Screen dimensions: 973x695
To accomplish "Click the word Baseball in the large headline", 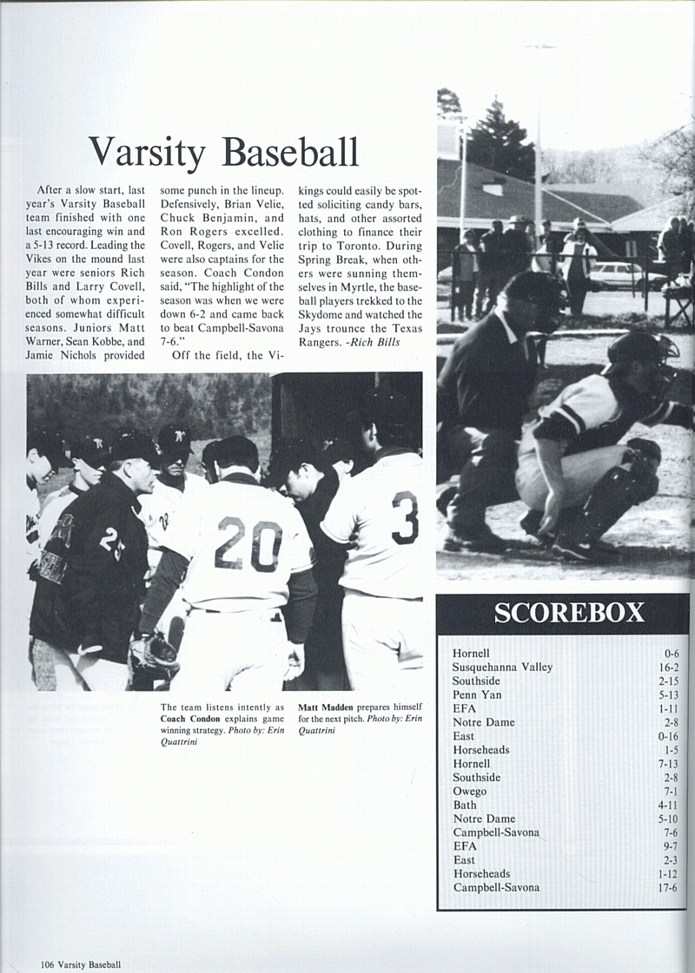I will [290, 153].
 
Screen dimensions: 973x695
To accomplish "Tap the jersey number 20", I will [248, 544].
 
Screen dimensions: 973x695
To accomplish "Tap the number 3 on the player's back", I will [405, 517].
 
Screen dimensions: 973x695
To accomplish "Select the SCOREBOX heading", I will [569, 613].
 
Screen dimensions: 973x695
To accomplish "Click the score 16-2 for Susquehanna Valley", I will [669, 667].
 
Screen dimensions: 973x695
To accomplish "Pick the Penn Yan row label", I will [476, 694].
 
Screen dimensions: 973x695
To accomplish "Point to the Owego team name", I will [469, 792].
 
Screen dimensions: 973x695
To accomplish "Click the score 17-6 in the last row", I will [668, 888].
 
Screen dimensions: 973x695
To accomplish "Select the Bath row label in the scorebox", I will [465, 805].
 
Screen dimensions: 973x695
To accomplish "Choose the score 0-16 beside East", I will [668, 736].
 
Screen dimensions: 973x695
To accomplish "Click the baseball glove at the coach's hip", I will [155, 651].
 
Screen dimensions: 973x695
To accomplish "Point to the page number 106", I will [47, 964].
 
